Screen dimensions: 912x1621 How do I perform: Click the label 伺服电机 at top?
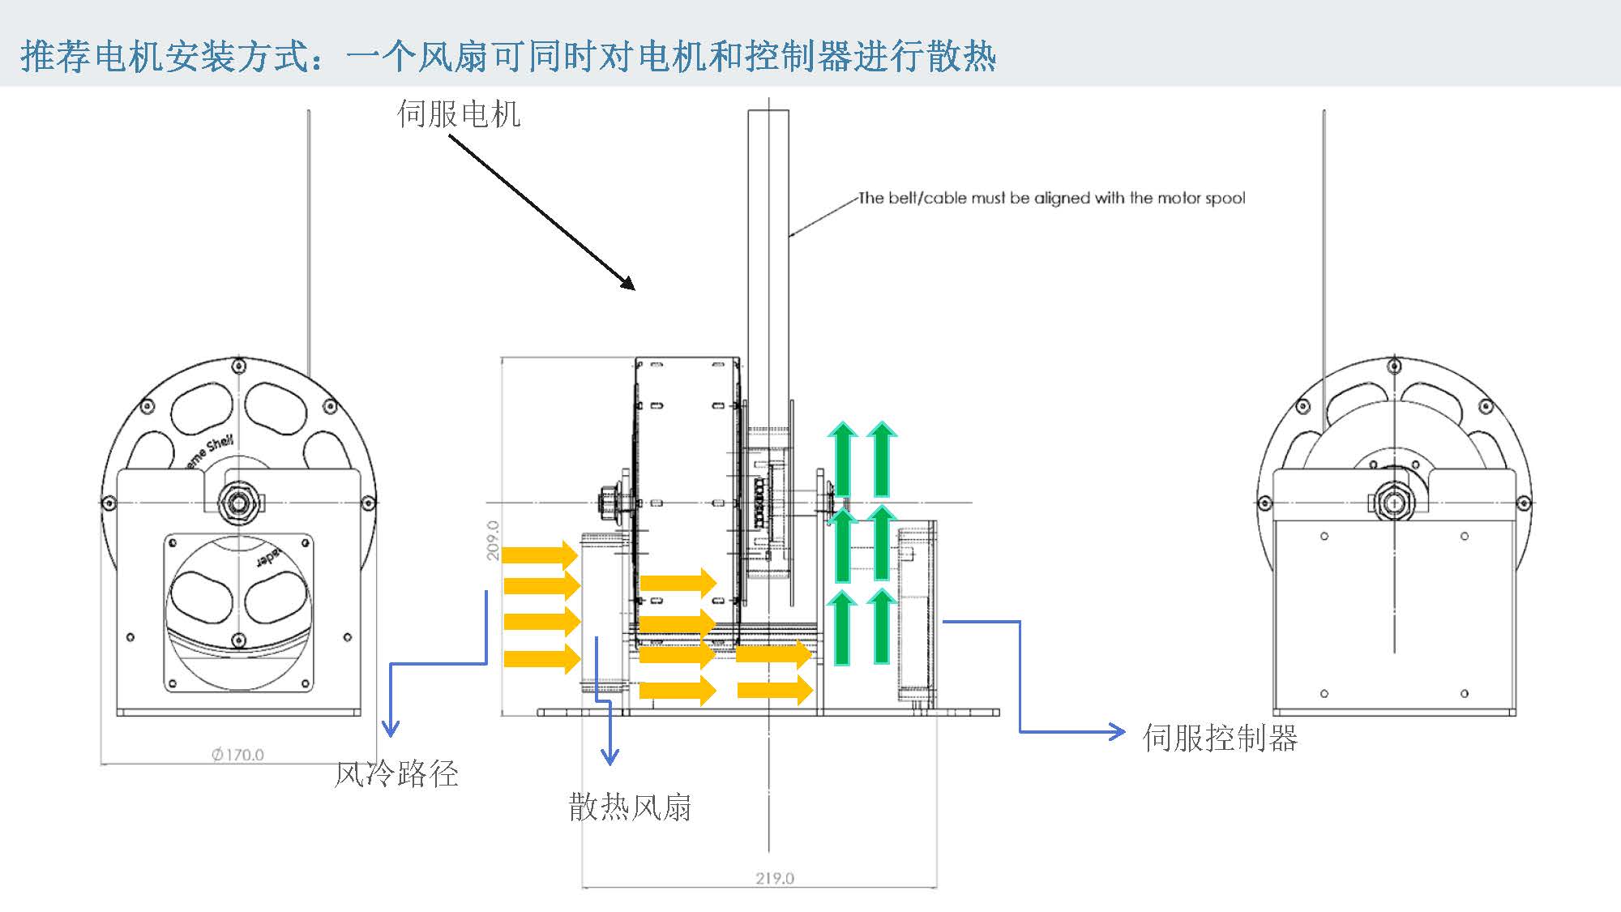pyautogui.click(x=459, y=114)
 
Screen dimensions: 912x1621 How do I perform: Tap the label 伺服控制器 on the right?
pyautogui.click(x=1220, y=738)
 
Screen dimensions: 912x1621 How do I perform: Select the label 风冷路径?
pyautogui.click(x=396, y=774)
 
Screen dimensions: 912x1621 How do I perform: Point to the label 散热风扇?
pyautogui.click(x=630, y=807)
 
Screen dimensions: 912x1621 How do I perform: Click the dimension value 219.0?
pyautogui.click(x=775, y=878)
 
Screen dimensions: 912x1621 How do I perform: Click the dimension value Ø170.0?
pyautogui.click(x=238, y=755)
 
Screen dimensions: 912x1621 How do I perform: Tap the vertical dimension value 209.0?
pyautogui.click(x=493, y=541)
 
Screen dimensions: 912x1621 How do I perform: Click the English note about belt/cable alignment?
pyautogui.click(x=1051, y=198)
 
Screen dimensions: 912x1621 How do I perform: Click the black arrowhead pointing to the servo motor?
pyautogui.click(x=628, y=283)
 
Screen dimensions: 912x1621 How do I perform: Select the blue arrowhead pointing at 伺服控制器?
pyautogui.click(x=1118, y=732)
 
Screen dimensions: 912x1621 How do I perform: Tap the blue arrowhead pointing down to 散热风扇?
pyautogui.click(x=609, y=757)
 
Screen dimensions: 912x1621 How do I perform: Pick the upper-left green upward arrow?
pyautogui.click(x=843, y=458)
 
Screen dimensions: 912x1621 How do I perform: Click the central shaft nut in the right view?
pyautogui.click(x=1394, y=503)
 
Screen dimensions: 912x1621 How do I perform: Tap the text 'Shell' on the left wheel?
pyautogui.click(x=220, y=443)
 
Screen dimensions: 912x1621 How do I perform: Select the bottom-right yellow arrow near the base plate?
pyautogui.click(x=775, y=690)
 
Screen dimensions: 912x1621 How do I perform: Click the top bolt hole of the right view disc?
pyautogui.click(x=1394, y=366)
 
